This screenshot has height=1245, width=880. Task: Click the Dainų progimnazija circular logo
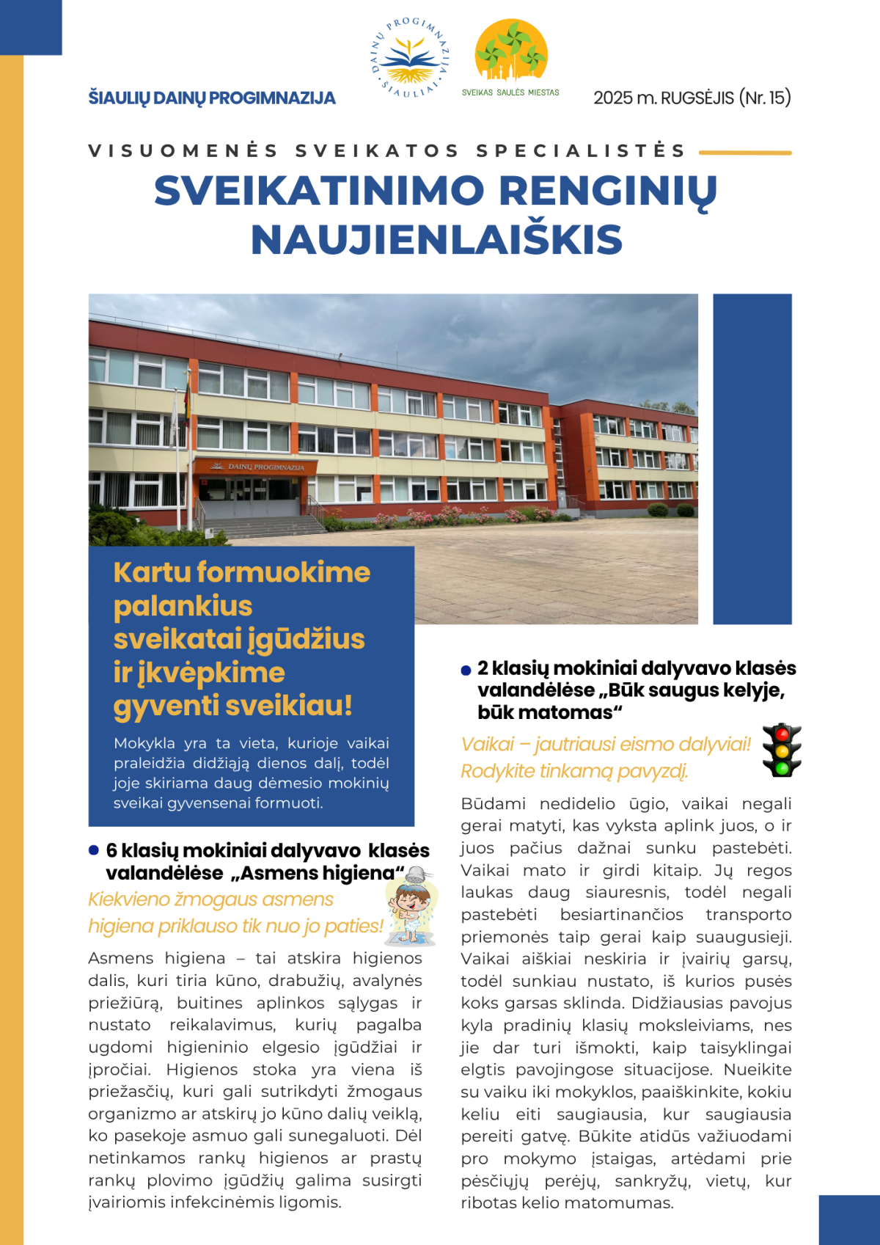(x=410, y=57)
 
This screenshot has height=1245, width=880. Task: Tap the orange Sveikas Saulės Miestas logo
(x=511, y=51)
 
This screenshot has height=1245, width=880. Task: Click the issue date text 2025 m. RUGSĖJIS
(x=664, y=98)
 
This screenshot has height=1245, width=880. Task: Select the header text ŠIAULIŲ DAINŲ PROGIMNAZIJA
(x=212, y=98)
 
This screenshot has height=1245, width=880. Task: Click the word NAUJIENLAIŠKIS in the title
(x=437, y=240)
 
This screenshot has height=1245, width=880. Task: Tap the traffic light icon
(x=782, y=751)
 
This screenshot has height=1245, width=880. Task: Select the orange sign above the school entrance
(x=255, y=467)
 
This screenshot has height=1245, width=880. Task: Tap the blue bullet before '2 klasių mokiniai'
(x=466, y=670)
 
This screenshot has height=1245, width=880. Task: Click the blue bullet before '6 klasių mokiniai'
(x=94, y=850)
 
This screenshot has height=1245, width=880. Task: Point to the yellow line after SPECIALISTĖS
(x=745, y=153)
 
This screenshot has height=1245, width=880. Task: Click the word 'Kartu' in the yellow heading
(x=151, y=572)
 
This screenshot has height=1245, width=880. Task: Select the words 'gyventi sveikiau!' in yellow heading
(x=233, y=706)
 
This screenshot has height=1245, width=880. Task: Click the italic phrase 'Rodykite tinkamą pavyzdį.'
(x=574, y=772)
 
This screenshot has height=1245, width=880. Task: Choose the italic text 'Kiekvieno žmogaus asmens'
(x=210, y=899)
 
